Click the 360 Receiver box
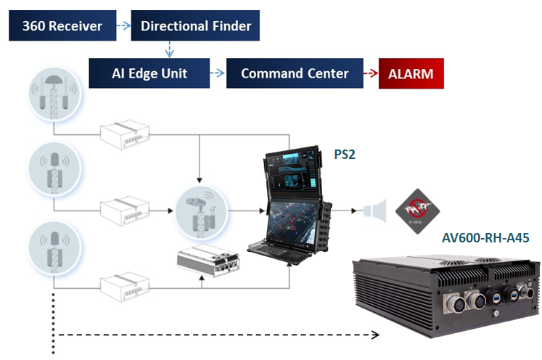click(62, 27)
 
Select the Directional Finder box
click(196, 27)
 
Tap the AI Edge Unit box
click(149, 74)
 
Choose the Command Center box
click(295, 74)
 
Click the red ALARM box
click(411, 74)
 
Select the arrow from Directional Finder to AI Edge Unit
click(169, 49)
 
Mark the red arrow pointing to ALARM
click(371, 74)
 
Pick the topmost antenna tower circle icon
click(53, 97)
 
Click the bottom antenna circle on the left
click(53, 247)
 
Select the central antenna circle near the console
click(200, 211)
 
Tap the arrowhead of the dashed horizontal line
click(376, 335)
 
